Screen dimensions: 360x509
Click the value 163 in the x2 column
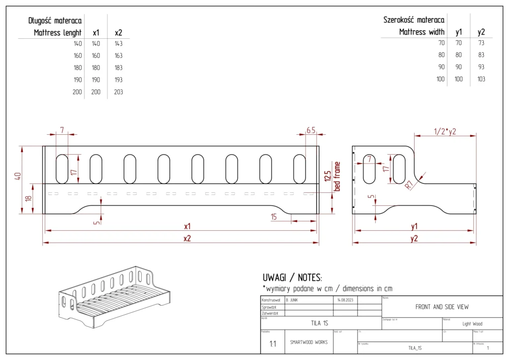pyautogui.click(x=118, y=56)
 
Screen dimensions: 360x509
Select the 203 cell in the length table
pyautogui.click(x=118, y=92)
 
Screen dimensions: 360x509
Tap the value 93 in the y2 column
pyautogui.click(x=481, y=67)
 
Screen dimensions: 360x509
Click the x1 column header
pyautogui.click(x=96, y=33)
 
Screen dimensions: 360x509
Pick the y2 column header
pyautogui.click(x=481, y=32)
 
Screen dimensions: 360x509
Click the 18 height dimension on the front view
pyautogui.click(x=28, y=198)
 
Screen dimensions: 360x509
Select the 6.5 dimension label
pyautogui.click(x=311, y=130)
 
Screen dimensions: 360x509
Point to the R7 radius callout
pyautogui.click(x=410, y=185)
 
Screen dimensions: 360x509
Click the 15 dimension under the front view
pyautogui.click(x=274, y=217)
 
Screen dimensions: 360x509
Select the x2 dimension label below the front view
pyautogui.click(x=187, y=238)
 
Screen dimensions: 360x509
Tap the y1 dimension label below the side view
pyautogui.click(x=414, y=226)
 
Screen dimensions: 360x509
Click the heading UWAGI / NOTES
pyautogui.click(x=292, y=277)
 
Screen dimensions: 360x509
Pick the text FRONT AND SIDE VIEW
pyautogui.click(x=442, y=307)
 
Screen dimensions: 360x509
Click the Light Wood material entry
pyautogui.click(x=472, y=324)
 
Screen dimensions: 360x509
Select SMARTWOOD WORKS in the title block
pyautogui.click(x=308, y=342)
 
